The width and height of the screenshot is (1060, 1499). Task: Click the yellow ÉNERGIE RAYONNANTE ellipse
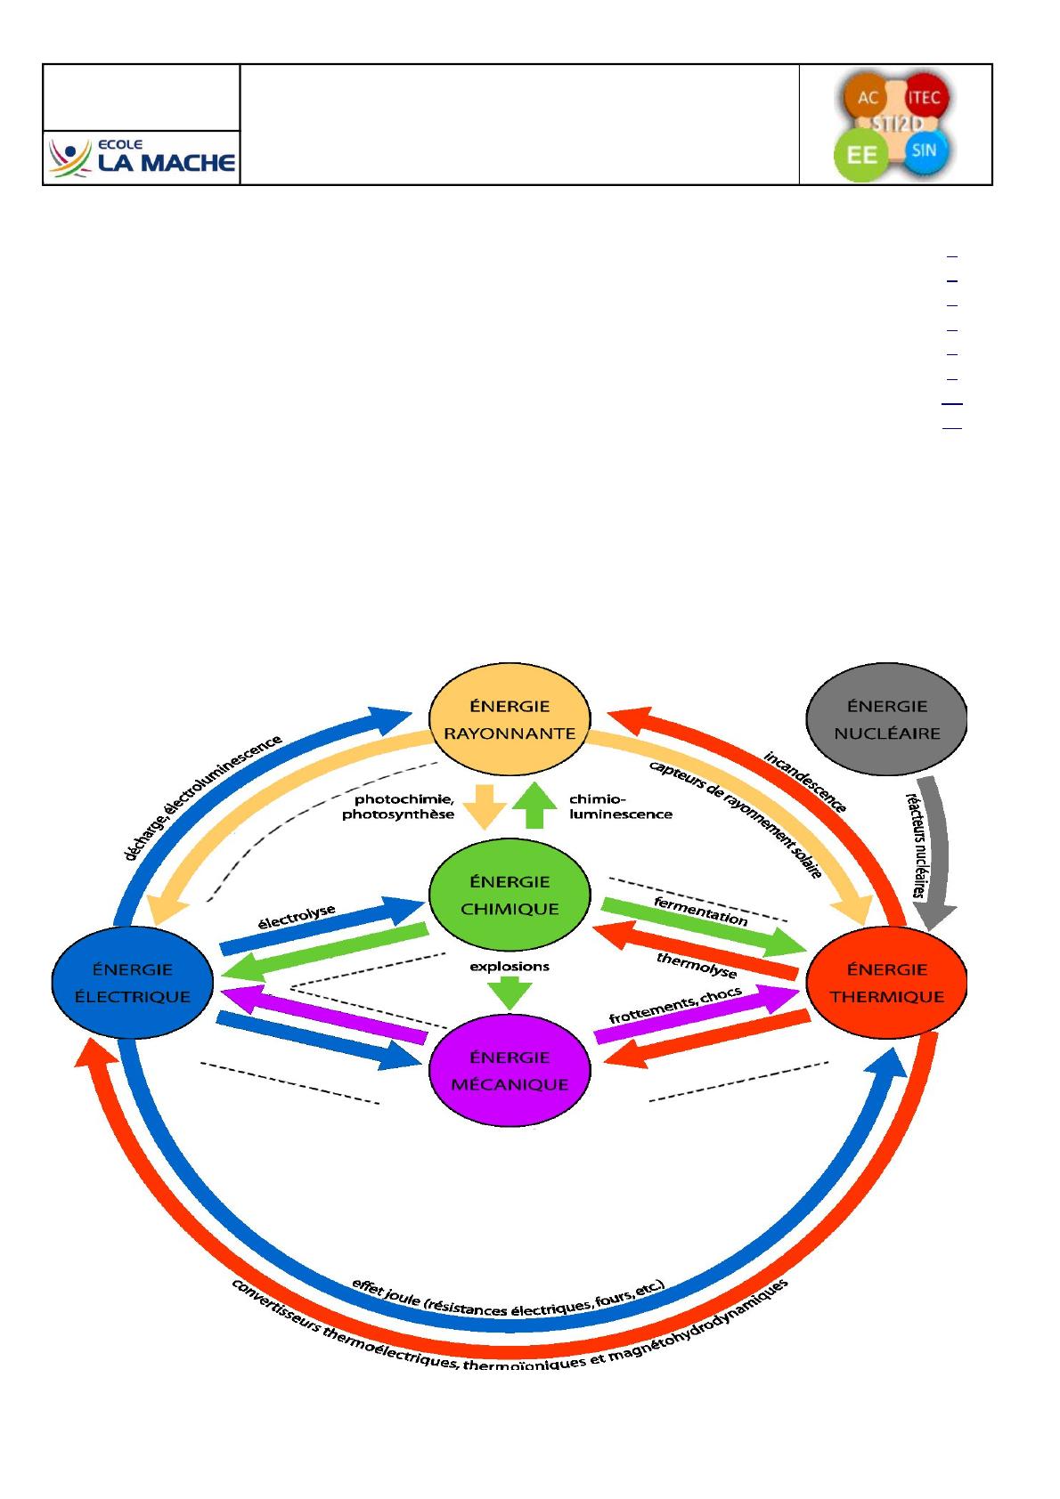pos(510,719)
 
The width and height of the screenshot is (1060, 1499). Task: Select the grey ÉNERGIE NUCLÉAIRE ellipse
pos(886,719)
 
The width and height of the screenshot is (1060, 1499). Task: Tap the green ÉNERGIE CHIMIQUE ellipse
pos(510,895)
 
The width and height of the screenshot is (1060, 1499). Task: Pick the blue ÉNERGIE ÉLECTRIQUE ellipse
pos(133,983)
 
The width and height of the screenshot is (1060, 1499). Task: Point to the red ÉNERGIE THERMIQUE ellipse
pos(886,983)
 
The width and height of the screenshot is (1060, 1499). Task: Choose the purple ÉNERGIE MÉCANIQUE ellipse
pos(510,1071)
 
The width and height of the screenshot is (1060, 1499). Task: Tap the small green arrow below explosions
pos(510,993)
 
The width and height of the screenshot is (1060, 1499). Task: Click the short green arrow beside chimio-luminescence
pos(534,806)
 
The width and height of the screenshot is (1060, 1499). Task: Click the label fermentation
pos(700,912)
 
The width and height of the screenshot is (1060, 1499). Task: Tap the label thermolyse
pos(697,965)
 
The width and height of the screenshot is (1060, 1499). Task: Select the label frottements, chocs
pos(675,1006)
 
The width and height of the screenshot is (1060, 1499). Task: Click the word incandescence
pos(805,782)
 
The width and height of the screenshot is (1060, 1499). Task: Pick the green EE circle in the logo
pos(861,155)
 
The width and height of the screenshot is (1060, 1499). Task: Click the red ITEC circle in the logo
pos(924,98)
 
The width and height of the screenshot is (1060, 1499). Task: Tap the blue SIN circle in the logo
pos(924,150)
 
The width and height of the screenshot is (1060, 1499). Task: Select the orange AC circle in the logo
pos(867,98)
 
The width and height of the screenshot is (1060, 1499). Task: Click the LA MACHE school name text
pos(167,163)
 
